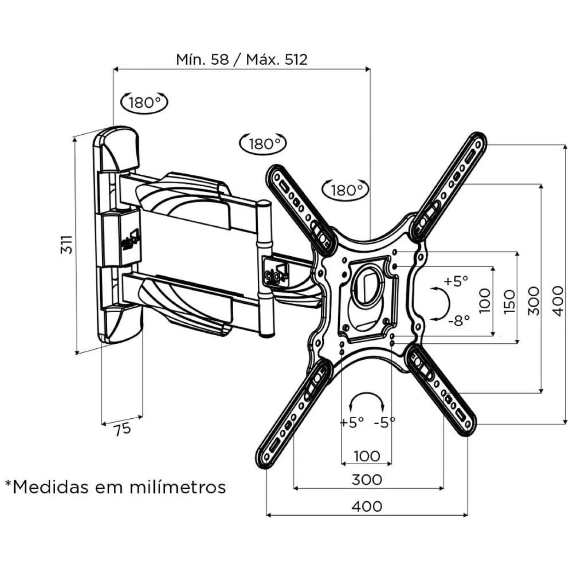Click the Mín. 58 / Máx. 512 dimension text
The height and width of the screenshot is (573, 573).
pyautogui.click(x=241, y=59)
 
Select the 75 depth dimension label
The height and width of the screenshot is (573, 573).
pyautogui.click(x=122, y=429)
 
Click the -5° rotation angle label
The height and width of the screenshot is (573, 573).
pyautogui.click(x=385, y=422)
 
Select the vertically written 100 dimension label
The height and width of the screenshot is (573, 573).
pyautogui.click(x=485, y=301)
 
